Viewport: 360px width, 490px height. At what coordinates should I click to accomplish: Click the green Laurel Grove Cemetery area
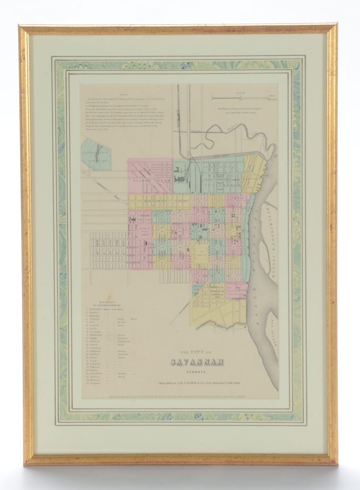[x=96, y=154]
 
